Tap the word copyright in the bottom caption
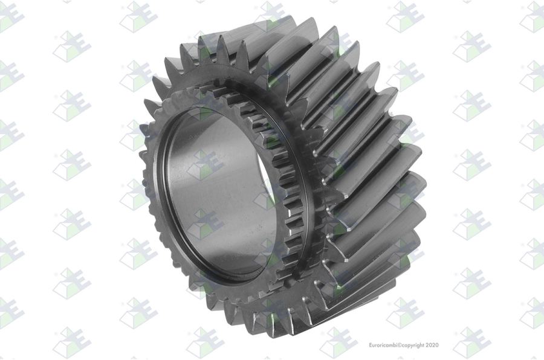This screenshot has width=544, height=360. click(x=413, y=346)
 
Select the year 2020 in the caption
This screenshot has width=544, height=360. click(x=432, y=345)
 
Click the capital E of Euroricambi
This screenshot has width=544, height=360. click(x=370, y=345)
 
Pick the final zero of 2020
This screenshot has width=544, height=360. click(x=437, y=345)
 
